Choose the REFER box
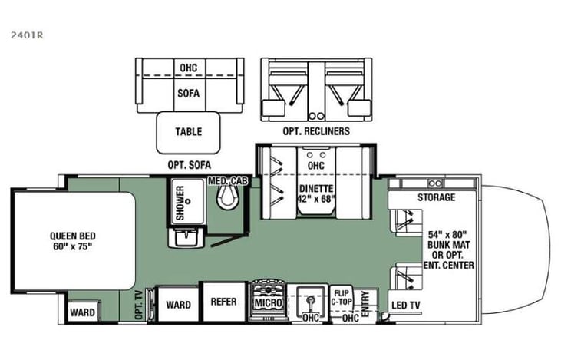tap(223, 302)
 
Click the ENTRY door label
tap(365, 299)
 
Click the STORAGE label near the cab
tap(437, 197)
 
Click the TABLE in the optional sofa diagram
tap(188, 131)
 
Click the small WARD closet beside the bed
tap(82, 312)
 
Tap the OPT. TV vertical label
tap(139, 305)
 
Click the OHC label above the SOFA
tap(188, 68)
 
